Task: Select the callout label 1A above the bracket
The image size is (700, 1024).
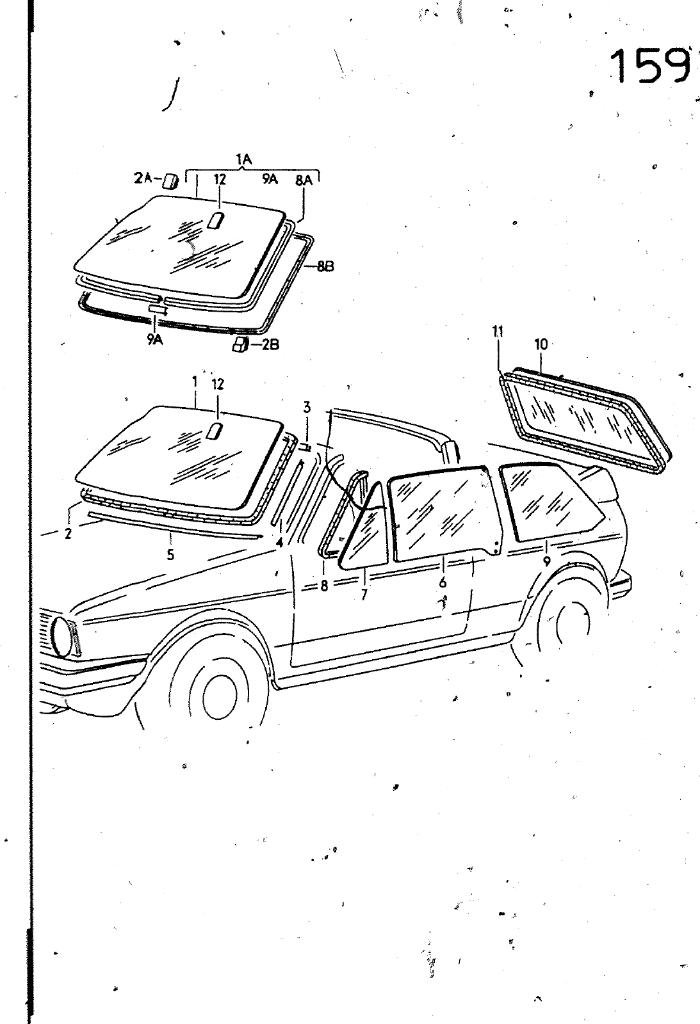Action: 243,160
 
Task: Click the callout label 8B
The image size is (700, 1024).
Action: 325,268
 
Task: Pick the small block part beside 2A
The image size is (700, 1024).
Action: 170,181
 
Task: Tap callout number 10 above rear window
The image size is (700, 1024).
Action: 541,344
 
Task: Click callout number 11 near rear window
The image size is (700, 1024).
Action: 498,331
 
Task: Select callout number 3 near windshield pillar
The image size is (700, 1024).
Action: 307,407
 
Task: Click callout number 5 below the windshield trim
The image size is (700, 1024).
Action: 170,555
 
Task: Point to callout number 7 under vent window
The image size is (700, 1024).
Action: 364,595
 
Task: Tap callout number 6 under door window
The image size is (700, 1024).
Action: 443,582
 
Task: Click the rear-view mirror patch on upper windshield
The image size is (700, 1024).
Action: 215,431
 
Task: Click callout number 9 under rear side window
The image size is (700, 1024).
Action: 546,561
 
